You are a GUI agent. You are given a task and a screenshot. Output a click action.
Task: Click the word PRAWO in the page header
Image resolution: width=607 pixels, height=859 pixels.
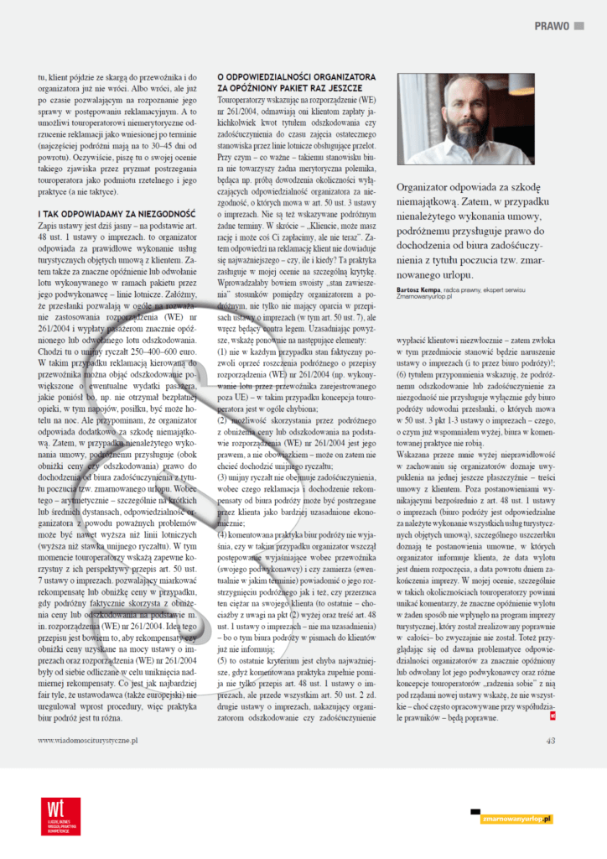[552, 26]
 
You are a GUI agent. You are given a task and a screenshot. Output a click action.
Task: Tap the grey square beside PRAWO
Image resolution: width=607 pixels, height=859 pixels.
[578, 26]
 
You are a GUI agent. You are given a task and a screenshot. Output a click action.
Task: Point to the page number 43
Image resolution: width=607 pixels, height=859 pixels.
[550, 740]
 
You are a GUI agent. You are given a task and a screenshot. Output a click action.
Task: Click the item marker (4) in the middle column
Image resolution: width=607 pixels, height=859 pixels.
[223, 534]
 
